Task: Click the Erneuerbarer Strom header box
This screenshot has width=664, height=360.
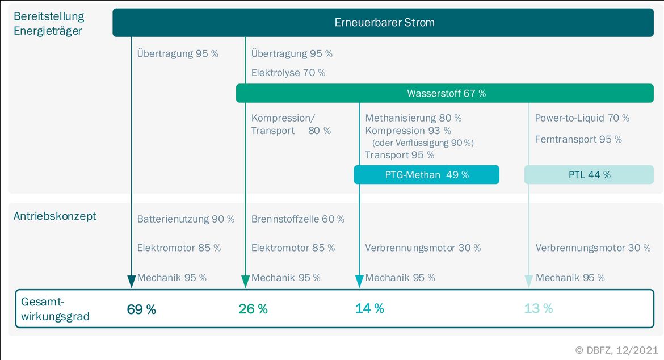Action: [x=383, y=23]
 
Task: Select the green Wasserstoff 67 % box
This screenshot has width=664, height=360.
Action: [x=444, y=93]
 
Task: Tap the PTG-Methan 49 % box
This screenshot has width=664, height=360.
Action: [x=426, y=174]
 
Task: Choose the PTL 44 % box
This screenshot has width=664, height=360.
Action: [x=589, y=174]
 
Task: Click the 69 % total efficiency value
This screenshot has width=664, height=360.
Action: [x=141, y=309]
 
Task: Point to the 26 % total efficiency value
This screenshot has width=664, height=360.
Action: [x=253, y=309]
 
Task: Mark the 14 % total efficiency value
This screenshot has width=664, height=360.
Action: [x=369, y=308]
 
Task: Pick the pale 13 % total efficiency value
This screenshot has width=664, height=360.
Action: [x=538, y=308]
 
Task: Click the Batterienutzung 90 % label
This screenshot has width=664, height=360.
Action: [x=186, y=219]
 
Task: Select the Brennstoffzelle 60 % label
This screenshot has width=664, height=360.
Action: [x=298, y=219]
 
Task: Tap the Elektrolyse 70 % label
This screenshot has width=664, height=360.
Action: [x=288, y=73]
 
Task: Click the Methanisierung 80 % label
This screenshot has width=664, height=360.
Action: [x=413, y=118]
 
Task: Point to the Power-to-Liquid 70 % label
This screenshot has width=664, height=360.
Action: [x=582, y=118]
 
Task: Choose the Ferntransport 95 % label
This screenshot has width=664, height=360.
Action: [x=578, y=139]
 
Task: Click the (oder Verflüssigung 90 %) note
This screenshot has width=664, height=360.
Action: [x=423, y=143]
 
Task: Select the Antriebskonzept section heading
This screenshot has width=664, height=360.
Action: [x=55, y=216]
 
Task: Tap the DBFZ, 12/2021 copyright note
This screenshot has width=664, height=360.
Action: [x=616, y=350]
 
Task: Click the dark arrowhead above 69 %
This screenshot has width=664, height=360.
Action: [x=131, y=281]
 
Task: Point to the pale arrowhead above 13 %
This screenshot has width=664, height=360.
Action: [x=528, y=281]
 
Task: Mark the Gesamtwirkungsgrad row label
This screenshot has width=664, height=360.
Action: [x=55, y=309]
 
